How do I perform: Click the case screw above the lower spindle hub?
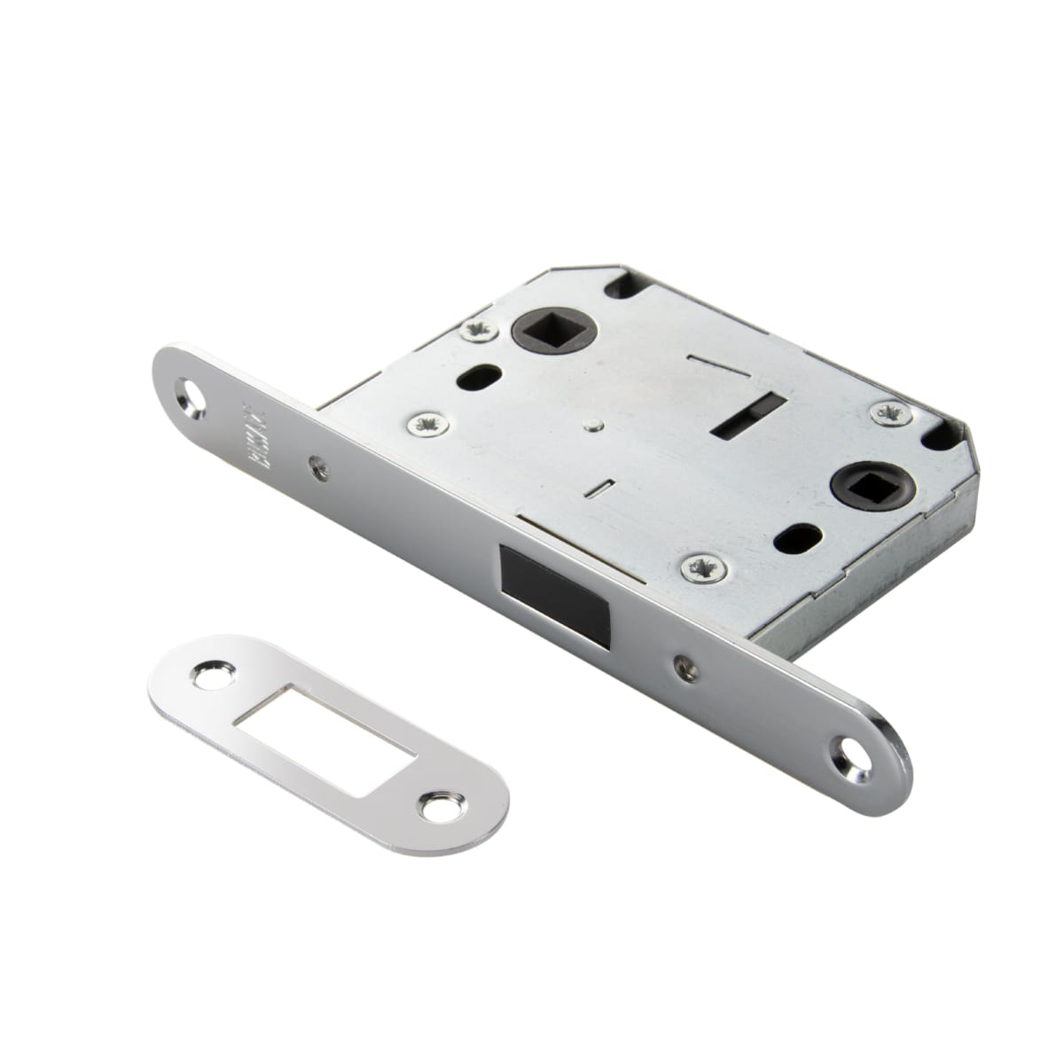(888, 411)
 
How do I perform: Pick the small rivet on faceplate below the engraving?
(317, 460)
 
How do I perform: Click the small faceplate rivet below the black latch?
(679, 661)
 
